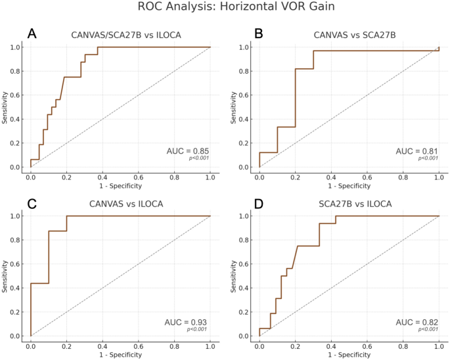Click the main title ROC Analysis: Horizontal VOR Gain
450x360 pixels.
[225, 7]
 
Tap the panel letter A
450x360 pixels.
[32, 34]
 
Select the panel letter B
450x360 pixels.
[258, 34]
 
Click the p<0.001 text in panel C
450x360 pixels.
[198, 329]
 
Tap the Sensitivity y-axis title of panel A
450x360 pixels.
[5, 107]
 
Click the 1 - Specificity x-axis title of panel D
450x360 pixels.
[349, 354]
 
